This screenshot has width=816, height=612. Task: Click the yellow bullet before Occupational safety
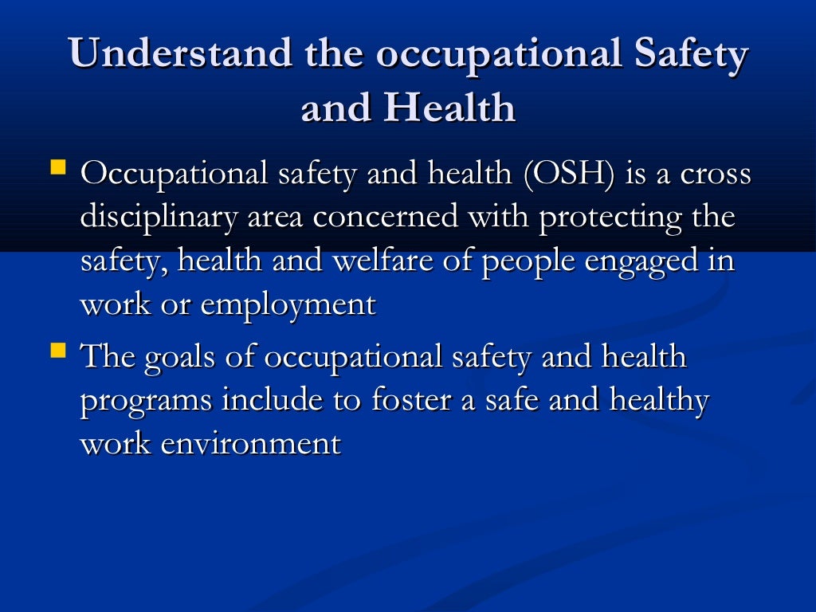pyautogui.click(x=57, y=167)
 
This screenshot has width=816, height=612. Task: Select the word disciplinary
pyautogui.click(x=159, y=218)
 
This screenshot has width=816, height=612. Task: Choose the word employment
pyautogui.click(x=288, y=305)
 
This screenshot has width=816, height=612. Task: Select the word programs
pyautogui.click(x=147, y=401)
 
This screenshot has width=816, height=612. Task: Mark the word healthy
pyautogui.click(x=658, y=401)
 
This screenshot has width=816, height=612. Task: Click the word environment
pyautogui.click(x=251, y=443)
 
